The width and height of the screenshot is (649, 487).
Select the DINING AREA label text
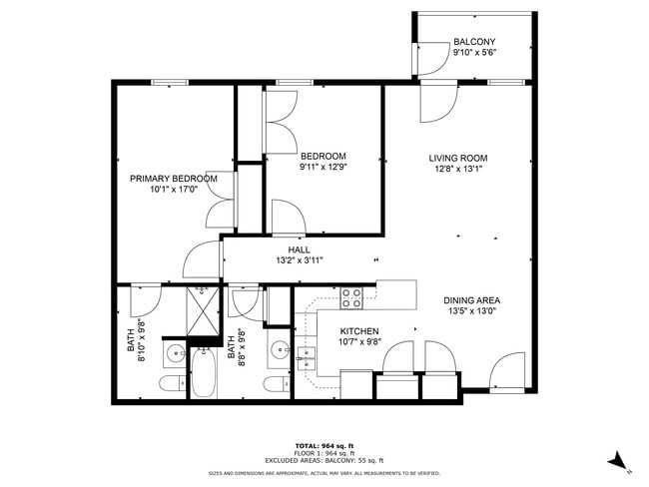[x=472, y=300]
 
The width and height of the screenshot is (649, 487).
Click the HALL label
[x=299, y=249]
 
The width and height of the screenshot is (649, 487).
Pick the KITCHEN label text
[x=359, y=330]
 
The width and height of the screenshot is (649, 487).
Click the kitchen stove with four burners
[x=351, y=297]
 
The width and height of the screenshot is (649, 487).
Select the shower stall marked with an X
[x=203, y=312]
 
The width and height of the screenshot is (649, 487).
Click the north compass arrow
[x=618, y=460]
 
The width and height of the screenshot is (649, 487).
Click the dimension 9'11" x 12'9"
[x=324, y=168]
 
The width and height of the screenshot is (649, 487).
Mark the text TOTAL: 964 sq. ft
[x=324, y=444]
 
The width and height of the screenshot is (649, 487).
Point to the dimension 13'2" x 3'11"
[x=299, y=260]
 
